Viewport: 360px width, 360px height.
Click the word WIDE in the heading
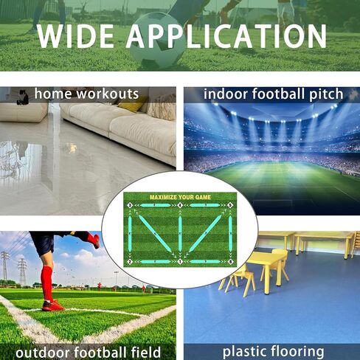(x=75, y=36)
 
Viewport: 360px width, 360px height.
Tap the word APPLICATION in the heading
(x=226, y=36)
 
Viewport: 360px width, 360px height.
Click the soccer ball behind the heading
(x=157, y=41)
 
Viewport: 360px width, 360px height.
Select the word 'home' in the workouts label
(x=53, y=94)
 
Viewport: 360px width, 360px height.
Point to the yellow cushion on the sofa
(x=131, y=105)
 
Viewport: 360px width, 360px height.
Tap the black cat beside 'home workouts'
(x=23, y=97)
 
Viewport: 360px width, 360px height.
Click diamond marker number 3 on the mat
(x=130, y=205)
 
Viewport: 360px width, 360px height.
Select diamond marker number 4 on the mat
(x=180, y=205)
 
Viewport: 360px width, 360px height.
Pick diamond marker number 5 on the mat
(x=230, y=205)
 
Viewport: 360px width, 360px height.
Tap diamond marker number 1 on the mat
(x=180, y=262)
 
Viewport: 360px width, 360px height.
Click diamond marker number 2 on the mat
(x=130, y=262)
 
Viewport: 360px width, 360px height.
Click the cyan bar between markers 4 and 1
(x=180, y=234)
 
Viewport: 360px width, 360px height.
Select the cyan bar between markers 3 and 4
(x=155, y=205)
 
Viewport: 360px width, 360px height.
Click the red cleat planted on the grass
(x=53, y=305)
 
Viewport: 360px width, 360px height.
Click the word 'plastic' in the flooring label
(x=244, y=352)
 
